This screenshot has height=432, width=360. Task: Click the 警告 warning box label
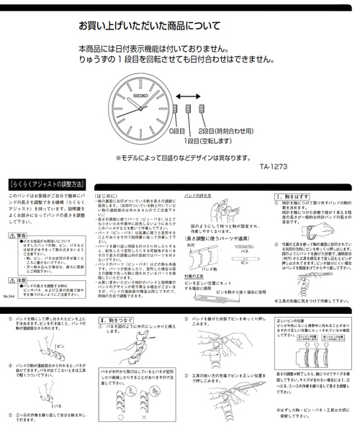[x=21, y=235]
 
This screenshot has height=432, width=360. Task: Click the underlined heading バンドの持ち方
[x=199, y=195]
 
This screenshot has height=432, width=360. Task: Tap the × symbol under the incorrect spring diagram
[x=148, y=415]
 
